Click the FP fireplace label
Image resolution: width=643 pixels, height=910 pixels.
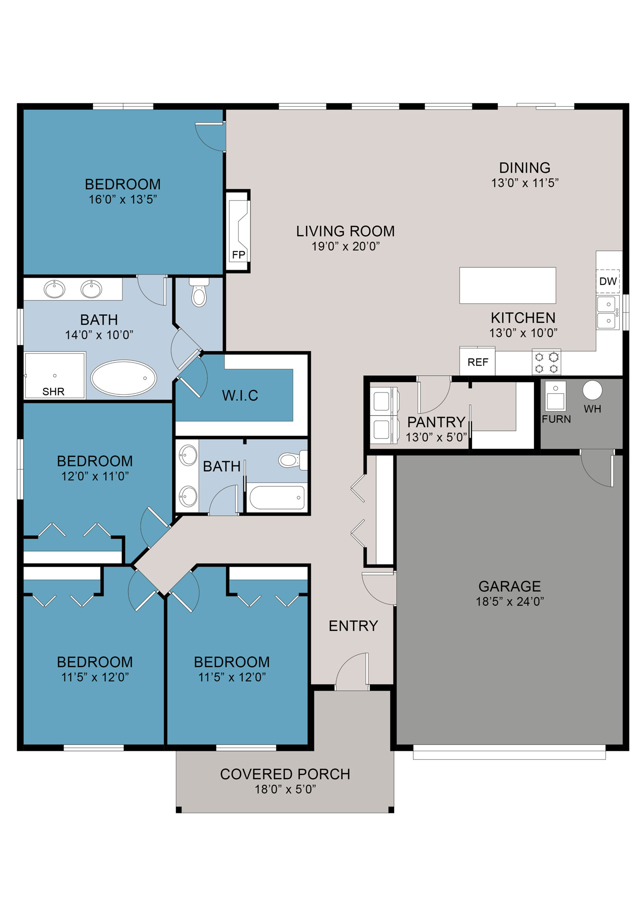coord(238,255)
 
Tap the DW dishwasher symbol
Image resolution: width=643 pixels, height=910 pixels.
coord(607,281)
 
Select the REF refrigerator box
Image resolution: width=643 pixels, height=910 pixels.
coord(477,362)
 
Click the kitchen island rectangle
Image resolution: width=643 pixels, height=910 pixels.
coord(507,285)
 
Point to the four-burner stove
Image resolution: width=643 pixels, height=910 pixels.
coord(546,363)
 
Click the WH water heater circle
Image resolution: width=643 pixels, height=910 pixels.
coord(592,390)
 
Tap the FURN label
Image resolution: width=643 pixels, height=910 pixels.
coord(556,419)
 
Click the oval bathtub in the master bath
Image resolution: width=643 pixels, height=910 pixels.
coord(124,378)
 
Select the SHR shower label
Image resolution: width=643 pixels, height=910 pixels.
coord(54,391)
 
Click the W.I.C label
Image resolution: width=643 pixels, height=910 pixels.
coord(240,395)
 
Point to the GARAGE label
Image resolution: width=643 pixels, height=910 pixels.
coord(509,586)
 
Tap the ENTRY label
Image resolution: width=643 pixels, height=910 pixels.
coord(353,626)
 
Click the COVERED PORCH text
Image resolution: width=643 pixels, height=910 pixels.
coord(285,774)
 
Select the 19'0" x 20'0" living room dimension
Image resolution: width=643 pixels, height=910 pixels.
coord(345,246)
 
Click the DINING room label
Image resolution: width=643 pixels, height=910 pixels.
coord(525,168)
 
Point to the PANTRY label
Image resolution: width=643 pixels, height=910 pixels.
coord(436,422)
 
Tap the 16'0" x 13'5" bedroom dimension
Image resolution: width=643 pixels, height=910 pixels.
coord(123,200)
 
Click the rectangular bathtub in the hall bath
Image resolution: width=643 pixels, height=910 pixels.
coord(277,497)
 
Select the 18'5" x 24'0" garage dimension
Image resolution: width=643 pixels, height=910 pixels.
coord(510,601)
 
